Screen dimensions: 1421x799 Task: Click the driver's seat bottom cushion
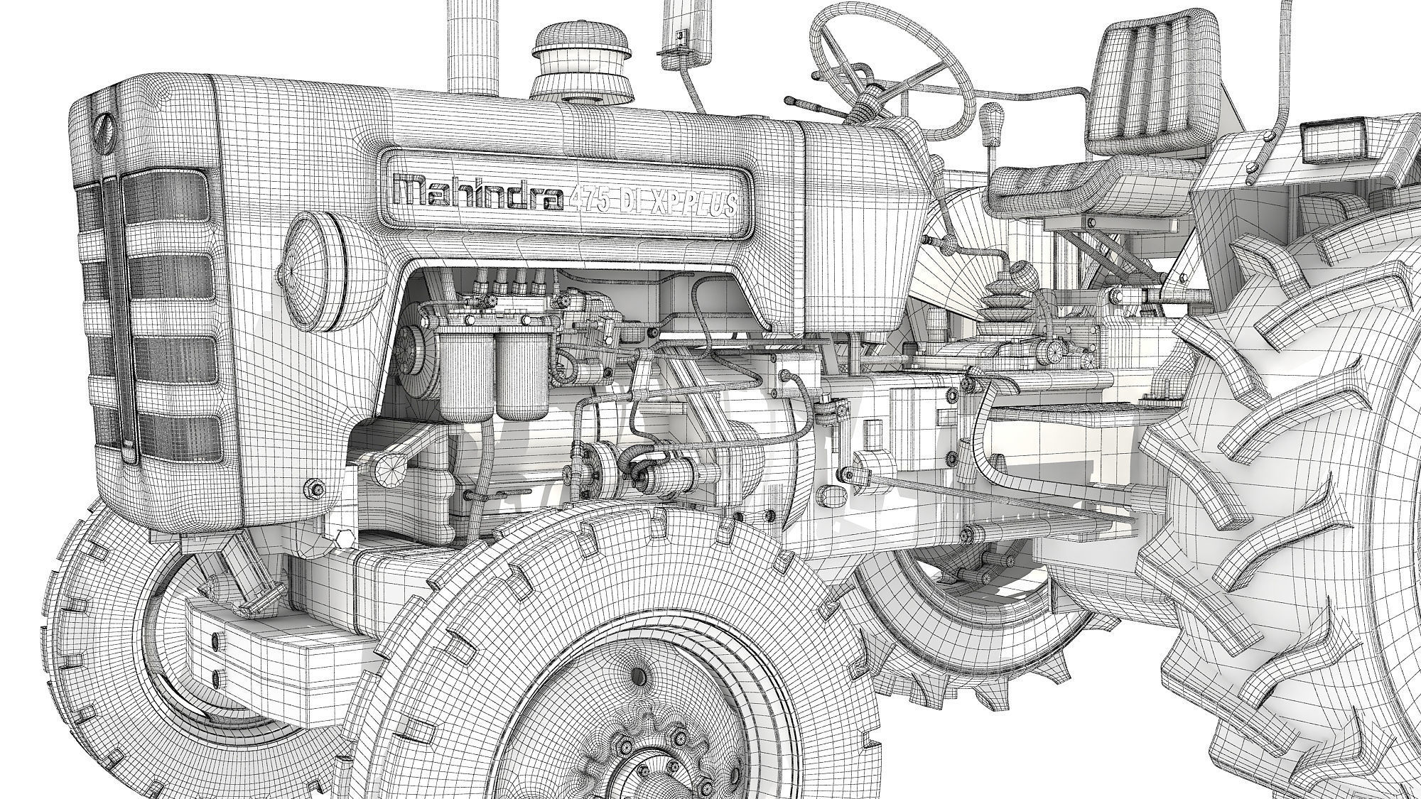click(1094, 186)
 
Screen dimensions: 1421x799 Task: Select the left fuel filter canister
click(465, 376)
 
